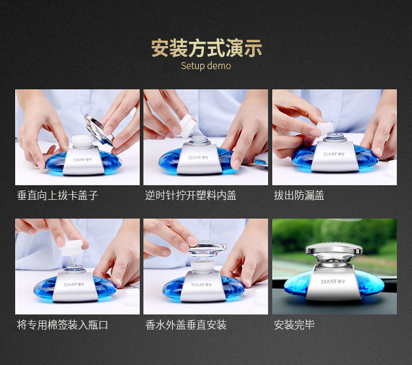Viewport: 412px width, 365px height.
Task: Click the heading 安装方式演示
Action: coord(206,48)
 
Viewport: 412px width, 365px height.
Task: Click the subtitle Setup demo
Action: coord(206,66)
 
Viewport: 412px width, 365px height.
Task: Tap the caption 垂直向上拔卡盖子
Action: coord(57,195)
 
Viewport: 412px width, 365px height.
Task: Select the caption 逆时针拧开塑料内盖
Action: coord(191,195)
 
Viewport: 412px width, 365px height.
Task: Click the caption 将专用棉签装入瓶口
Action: coord(62,324)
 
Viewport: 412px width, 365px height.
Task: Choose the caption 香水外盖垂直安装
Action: coord(186,324)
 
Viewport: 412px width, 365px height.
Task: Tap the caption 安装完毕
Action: coord(294,324)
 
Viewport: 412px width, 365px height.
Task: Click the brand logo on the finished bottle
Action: coord(335,282)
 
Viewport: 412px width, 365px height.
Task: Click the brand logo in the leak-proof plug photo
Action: coord(334,154)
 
